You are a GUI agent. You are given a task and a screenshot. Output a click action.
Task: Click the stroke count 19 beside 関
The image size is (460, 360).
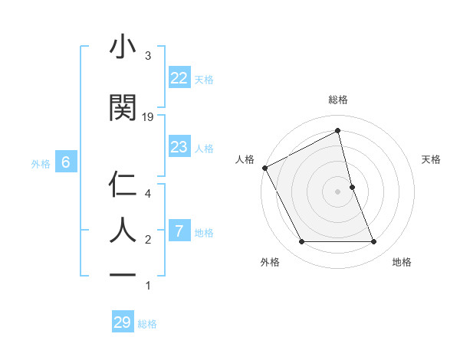tap(148, 117)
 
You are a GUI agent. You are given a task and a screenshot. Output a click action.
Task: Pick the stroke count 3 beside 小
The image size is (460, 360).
tap(148, 56)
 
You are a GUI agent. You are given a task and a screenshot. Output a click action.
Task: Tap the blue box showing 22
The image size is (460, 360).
tap(179, 78)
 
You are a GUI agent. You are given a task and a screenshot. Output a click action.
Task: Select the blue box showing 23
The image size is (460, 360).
tap(179, 147)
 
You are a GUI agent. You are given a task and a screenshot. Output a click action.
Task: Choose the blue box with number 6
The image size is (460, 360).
tap(65, 162)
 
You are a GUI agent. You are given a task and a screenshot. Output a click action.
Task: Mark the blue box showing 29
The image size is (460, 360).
tap(122, 322)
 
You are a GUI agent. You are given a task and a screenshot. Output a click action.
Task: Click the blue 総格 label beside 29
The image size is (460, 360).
tap(147, 324)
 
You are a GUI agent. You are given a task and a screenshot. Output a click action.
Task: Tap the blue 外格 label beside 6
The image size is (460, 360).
tap(41, 163)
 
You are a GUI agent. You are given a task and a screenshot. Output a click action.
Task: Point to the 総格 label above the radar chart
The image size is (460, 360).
tap(338, 100)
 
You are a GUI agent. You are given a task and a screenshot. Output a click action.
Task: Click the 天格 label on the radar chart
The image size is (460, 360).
tap(432, 159)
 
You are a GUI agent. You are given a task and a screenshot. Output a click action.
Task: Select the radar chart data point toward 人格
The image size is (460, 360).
tap(265, 168)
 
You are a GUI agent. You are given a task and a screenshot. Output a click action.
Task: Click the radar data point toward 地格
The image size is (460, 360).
tap(374, 242)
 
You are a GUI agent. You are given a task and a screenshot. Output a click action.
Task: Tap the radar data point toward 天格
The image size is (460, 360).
tap(352, 187)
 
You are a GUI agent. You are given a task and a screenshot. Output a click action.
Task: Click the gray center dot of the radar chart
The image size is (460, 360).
tap(338, 191)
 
